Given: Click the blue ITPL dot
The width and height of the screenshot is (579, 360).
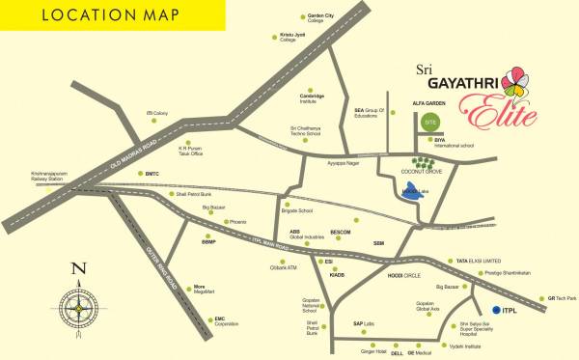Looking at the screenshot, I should (496, 309).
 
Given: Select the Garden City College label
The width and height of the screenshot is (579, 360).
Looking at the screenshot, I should (294, 18).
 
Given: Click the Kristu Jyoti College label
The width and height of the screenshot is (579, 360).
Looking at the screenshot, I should (292, 37).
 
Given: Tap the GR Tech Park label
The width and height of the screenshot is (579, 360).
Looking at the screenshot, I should (561, 298).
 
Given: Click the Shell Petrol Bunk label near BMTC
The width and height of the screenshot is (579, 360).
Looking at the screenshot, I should (201, 192).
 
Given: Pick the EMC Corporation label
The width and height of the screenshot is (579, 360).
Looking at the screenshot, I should (225, 321).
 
